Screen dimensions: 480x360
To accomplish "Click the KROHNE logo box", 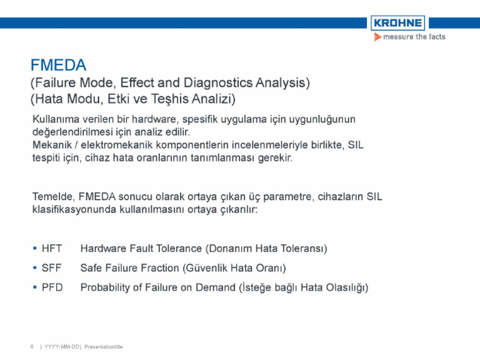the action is pos(397,23).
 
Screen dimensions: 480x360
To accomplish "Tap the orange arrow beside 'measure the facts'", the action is pos(377,37).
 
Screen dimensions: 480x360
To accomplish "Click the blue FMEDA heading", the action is pos(58,65).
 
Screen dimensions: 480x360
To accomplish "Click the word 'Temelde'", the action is pos(54,196).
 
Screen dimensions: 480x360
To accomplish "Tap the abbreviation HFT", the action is pos(52,248).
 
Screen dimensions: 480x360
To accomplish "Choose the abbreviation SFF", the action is pos(51,268).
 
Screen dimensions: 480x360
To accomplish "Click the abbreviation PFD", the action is pos(52,287).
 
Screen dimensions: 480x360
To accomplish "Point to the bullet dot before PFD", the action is pos(35,287).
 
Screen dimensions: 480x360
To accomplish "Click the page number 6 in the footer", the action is pos(32,346).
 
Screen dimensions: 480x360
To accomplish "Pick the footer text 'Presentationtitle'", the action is pos(104,347).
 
